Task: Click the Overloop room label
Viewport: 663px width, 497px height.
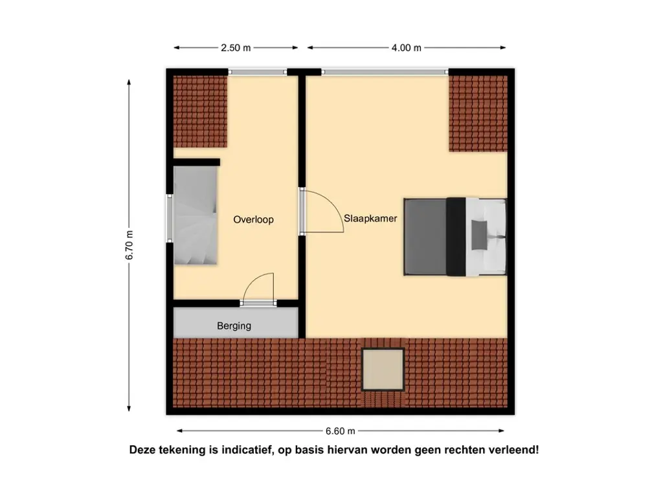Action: [253, 220]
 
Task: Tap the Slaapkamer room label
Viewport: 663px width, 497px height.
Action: [371, 219]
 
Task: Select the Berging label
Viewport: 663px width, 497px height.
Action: [234, 326]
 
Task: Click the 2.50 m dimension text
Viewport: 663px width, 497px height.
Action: [235, 48]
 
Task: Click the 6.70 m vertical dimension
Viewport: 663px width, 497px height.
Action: [129, 245]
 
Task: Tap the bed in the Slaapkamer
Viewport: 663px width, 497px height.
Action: [453, 236]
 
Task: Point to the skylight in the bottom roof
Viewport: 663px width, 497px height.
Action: [383, 369]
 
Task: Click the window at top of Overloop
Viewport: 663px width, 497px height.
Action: [258, 72]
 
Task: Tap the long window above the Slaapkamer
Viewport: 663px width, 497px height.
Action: [385, 72]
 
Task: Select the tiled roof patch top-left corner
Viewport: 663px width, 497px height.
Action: [199, 111]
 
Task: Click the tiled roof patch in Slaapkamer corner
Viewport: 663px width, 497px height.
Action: [477, 113]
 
